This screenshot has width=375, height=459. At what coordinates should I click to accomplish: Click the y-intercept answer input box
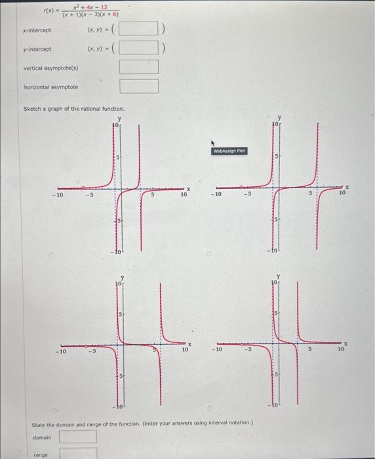pyautogui.click(x=139, y=49)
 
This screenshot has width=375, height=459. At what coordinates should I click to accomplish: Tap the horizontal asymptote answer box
pyautogui.click(x=139, y=87)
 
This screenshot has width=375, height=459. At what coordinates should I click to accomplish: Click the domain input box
pyautogui.click(x=79, y=437)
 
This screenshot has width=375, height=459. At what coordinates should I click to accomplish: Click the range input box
pyautogui.click(x=79, y=453)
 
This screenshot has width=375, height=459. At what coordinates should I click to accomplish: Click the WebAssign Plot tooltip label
pyautogui.click(x=228, y=151)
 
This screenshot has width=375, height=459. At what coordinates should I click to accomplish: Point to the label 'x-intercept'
pyautogui.click(x=37, y=30)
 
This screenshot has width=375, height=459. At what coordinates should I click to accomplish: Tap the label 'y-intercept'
pyautogui.click(x=37, y=49)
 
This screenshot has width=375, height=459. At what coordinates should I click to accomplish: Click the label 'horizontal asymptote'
pyautogui.click(x=50, y=87)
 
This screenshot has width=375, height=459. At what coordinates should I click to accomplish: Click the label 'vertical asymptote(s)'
pyautogui.click(x=50, y=68)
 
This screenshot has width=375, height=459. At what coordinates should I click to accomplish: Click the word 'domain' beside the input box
pyautogui.click(x=41, y=437)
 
